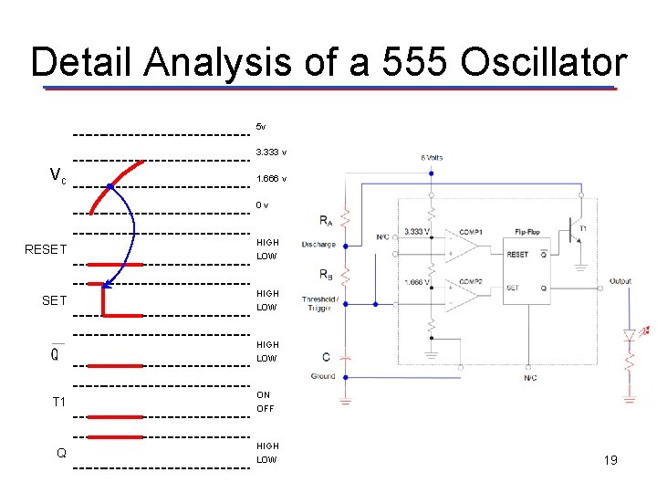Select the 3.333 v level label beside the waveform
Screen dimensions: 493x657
tap(272, 152)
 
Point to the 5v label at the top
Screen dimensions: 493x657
tap(261, 126)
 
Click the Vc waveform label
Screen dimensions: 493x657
tap(57, 174)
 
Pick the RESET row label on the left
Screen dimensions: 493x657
tap(46, 249)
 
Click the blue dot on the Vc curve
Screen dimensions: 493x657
tap(109, 186)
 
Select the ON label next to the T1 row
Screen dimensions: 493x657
tap(264, 395)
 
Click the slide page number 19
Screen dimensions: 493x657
tap(610, 460)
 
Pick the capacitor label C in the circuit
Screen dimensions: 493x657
tap(327, 356)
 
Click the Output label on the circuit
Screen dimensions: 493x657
tap(620, 281)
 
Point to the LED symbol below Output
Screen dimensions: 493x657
tap(629, 334)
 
